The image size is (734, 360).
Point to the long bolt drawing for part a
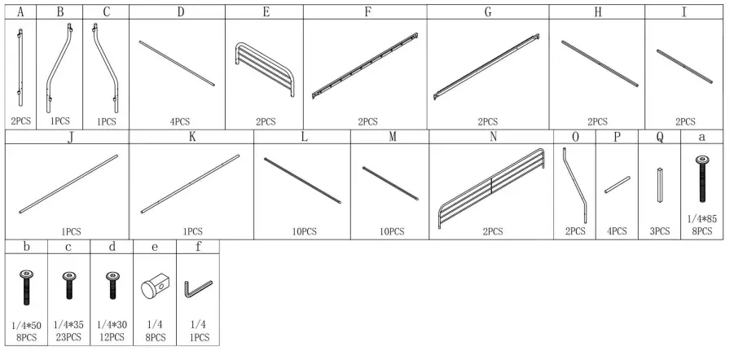tap(701, 179)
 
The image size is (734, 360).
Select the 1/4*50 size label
tap(27, 326)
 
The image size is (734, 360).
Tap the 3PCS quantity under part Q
tap(659, 231)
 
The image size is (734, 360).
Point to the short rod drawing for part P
tap(617, 184)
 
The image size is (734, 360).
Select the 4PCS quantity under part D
tap(180, 121)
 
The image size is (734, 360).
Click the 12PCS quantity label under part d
tap(112, 336)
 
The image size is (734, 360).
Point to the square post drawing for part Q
tap(658, 185)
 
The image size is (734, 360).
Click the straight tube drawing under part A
tap(21, 68)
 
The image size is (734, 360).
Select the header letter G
tap(487, 12)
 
